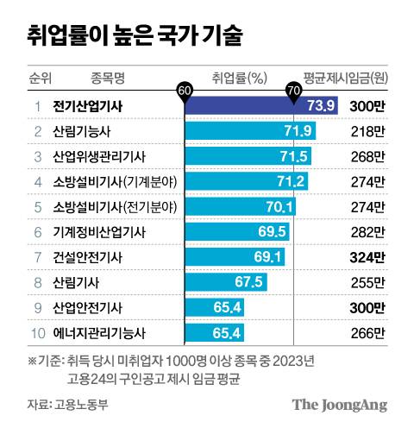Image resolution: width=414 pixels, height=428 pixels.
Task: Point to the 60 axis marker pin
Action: pos(184,90)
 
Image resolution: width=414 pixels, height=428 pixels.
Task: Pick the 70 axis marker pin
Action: pos(294,90)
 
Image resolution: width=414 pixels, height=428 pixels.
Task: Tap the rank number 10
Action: pos(36,332)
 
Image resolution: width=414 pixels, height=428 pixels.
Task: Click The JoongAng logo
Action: pos(339,405)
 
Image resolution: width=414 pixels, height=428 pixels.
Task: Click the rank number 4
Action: pos(37,181)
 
